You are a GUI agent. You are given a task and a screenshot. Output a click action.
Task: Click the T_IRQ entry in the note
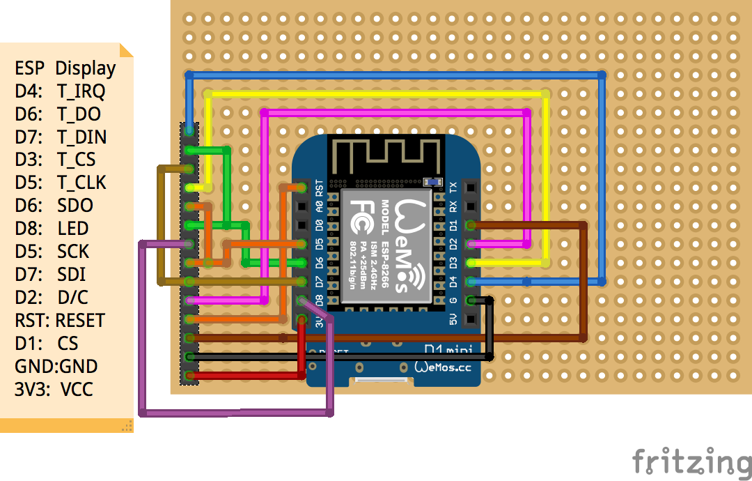coord(81,91)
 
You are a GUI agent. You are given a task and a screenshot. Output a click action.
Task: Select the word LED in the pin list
coord(73,229)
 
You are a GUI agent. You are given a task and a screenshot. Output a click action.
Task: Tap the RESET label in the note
coord(80,321)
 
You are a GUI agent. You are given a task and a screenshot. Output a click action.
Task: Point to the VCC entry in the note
coord(77,390)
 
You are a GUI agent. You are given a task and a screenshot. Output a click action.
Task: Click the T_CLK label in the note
coord(81,183)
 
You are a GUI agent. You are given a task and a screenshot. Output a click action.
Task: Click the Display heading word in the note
coord(86,68)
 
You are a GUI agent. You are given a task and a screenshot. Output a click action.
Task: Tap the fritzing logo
coord(691,461)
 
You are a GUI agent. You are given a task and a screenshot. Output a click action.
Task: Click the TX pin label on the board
coord(453,188)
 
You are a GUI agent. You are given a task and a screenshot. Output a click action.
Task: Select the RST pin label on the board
coord(320,188)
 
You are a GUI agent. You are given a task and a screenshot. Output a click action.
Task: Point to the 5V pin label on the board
coord(453,321)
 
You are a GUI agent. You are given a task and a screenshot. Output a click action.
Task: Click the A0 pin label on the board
coord(320,206)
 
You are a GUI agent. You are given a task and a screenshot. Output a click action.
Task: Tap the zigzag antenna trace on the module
coord(386,157)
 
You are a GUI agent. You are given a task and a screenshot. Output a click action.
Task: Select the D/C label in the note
coord(73,298)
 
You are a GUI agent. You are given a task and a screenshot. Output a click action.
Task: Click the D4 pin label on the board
coord(453,282)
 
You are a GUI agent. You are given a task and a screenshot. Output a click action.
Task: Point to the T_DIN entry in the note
coord(81,137)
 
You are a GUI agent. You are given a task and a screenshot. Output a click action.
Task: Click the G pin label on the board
coord(453,301)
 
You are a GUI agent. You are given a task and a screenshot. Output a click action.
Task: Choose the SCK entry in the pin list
coord(74,252)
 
